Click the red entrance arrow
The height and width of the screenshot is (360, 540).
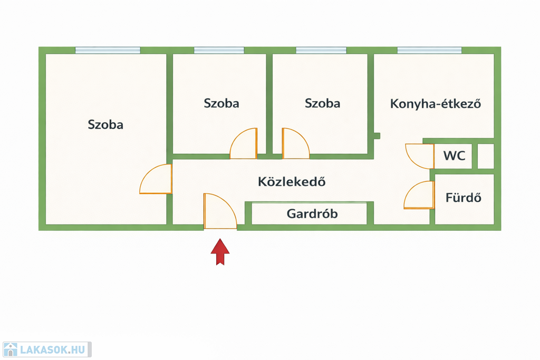click(x=220, y=252)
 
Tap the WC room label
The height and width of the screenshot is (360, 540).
click(x=454, y=156)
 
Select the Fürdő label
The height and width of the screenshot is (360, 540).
click(x=464, y=198)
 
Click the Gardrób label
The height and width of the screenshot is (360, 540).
click(x=312, y=214)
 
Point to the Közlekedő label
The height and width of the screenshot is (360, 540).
click(x=292, y=182)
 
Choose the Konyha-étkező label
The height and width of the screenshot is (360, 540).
click(x=436, y=103)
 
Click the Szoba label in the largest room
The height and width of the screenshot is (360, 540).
click(x=105, y=125)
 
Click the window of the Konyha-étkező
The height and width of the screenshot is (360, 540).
click(x=429, y=51)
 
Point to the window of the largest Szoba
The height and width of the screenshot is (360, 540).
click(x=108, y=51)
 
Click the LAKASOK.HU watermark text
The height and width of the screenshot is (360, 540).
click(x=52, y=349)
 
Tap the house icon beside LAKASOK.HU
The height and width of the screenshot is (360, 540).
click(x=10, y=349)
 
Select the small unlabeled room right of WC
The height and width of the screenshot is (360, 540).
click(x=486, y=156)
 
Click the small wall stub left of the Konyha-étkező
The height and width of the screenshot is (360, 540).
click(x=377, y=136)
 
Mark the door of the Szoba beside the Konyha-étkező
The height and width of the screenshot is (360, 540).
click(x=295, y=144)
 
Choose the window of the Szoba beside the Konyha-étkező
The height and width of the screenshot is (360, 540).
click(x=321, y=51)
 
